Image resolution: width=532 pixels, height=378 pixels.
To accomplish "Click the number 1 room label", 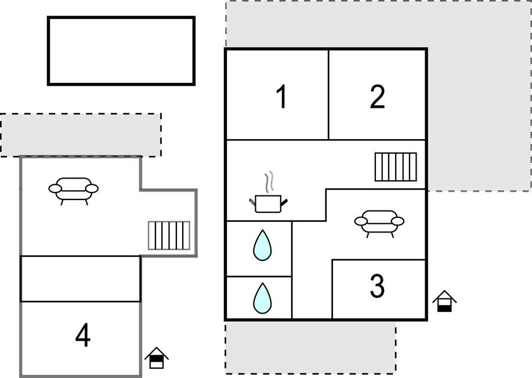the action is [x=282, y=97].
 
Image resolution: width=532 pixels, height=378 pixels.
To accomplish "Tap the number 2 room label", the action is [x=377, y=97].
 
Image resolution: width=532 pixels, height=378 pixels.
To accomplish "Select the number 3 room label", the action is [x=377, y=286].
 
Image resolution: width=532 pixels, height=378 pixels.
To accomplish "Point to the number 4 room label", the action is [x=83, y=335].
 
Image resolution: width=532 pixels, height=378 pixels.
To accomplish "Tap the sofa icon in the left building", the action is [x=74, y=191].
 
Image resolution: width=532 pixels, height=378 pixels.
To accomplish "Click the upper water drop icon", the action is [x=262, y=246].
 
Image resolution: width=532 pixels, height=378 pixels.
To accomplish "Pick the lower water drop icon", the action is [x=262, y=299].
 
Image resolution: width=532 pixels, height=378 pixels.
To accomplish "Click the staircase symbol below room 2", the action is [x=396, y=167].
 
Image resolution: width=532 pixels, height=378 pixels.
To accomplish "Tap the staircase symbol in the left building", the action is [x=169, y=235].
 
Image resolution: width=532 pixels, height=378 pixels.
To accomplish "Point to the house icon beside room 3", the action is [x=444, y=301].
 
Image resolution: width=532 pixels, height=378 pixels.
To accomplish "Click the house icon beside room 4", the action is [x=157, y=358].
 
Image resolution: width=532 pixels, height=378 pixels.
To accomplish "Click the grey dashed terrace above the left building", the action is [x=81, y=135].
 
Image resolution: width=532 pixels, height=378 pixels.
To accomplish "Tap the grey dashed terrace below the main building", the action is [x=310, y=347].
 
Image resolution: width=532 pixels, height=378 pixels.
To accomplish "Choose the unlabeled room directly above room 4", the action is [x=81, y=279].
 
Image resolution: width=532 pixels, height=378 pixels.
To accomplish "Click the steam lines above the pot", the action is [x=269, y=182].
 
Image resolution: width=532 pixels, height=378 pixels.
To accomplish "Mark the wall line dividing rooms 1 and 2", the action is [x=328, y=94].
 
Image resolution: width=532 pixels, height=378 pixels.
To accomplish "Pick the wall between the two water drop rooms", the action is [x=259, y=277].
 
